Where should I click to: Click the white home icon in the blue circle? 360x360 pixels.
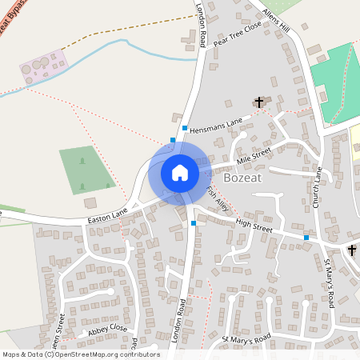180,172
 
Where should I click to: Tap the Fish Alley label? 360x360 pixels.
216,199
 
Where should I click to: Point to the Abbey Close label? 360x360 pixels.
108,329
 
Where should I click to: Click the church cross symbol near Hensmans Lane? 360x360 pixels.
259,102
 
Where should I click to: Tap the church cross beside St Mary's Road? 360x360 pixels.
352,250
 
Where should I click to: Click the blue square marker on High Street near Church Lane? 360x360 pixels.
306,237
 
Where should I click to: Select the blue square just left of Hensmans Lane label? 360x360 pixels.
185,128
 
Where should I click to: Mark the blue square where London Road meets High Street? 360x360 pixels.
194,223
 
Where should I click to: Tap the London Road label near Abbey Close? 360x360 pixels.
180,321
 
